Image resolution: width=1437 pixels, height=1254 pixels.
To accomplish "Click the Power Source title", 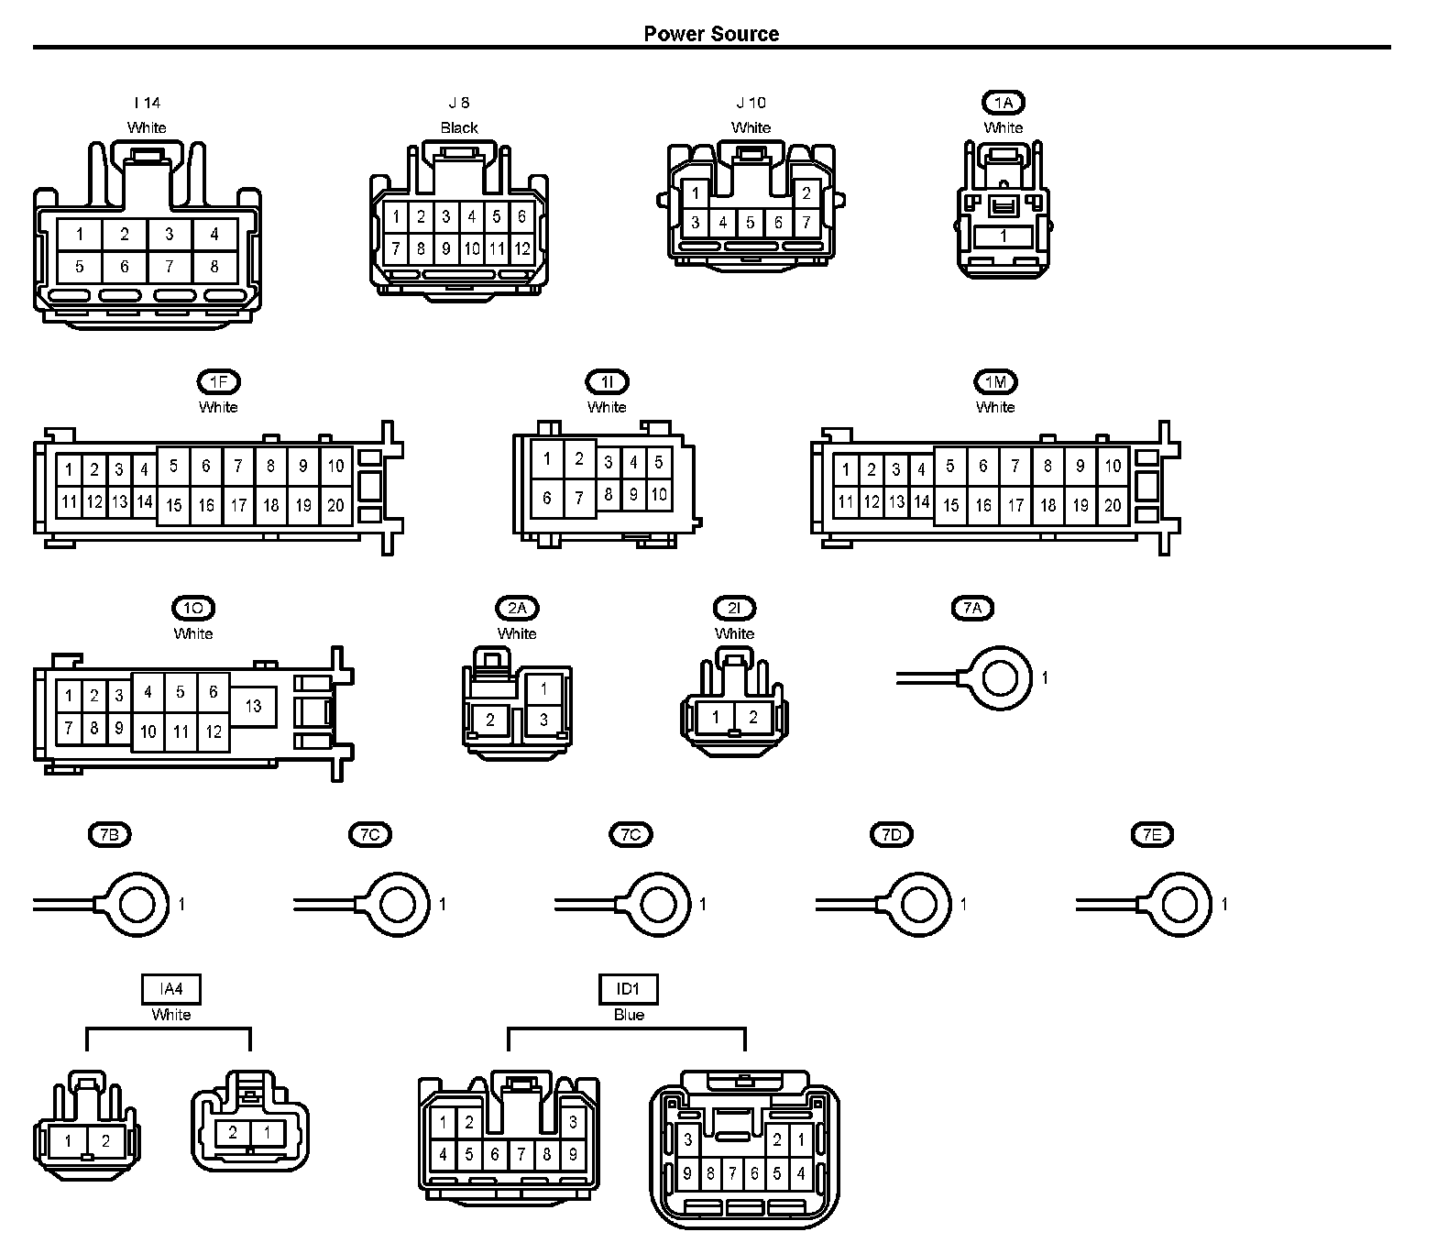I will tap(711, 34).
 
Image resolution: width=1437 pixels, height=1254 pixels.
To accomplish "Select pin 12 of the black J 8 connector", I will tap(521, 248).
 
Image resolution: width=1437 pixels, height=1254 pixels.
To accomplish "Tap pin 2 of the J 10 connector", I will tap(806, 193).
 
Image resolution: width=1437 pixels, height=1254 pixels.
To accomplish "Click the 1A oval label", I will tap(1004, 103).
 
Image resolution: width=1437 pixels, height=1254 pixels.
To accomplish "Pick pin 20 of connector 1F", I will tap(335, 505).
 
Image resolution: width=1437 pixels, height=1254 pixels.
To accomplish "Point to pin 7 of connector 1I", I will tap(579, 499).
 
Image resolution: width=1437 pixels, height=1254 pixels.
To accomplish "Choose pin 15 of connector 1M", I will tap(951, 505).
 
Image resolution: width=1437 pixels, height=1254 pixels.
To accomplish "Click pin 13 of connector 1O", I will tap(253, 706).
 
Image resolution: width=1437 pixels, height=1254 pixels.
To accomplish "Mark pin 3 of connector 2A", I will tap(543, 720).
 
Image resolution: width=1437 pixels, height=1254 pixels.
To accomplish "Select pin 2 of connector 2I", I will tap(753, 718).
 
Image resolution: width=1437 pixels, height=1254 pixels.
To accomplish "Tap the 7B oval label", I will tap(109, 834).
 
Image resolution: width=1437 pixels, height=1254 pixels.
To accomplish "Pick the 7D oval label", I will tap(892, 834).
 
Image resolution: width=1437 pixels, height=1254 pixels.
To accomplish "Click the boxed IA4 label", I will tap(171, 989).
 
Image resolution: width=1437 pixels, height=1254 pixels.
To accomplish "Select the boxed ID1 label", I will tap(629, 989).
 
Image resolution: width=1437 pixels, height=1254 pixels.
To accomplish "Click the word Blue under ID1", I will tap(629, 1015).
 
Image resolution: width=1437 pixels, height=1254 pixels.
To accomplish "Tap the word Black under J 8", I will tap(459, 128).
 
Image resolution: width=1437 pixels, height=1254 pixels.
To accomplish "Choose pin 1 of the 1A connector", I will tap(1003, 236).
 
